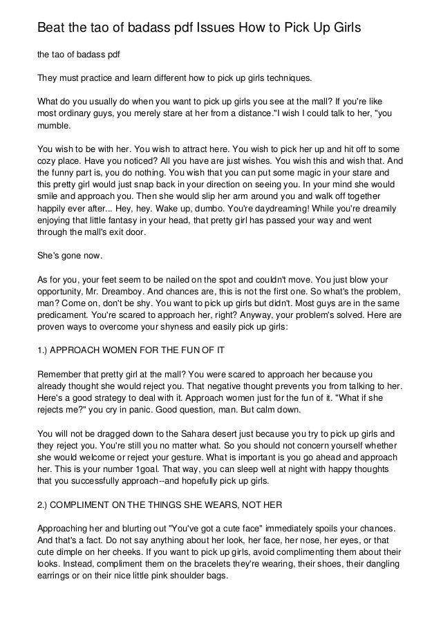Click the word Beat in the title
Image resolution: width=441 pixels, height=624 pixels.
click(50, 28)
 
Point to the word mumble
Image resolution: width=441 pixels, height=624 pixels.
click(55, 128)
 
